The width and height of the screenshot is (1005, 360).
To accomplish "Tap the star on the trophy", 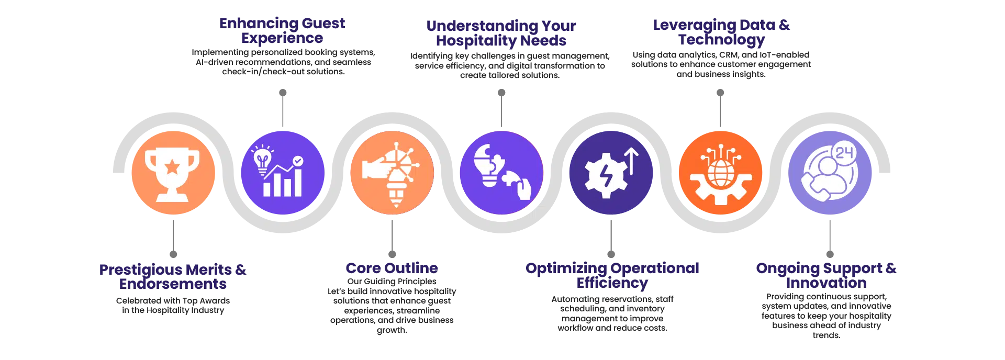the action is (172, 167).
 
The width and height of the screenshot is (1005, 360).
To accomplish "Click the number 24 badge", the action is (844, 153).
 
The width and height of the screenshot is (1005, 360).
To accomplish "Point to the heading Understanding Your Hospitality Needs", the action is (501, 32).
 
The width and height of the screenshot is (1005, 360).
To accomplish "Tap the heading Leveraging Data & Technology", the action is (721, 32).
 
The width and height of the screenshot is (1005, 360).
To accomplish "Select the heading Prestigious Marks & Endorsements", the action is (172, 277).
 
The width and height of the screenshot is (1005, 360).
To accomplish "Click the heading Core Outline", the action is (392, 268).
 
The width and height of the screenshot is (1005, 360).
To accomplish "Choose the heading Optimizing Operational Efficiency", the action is (611, 275).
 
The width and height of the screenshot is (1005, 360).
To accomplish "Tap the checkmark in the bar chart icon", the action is (297, 161).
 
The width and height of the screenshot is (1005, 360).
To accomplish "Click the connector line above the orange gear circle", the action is (720, 110).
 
